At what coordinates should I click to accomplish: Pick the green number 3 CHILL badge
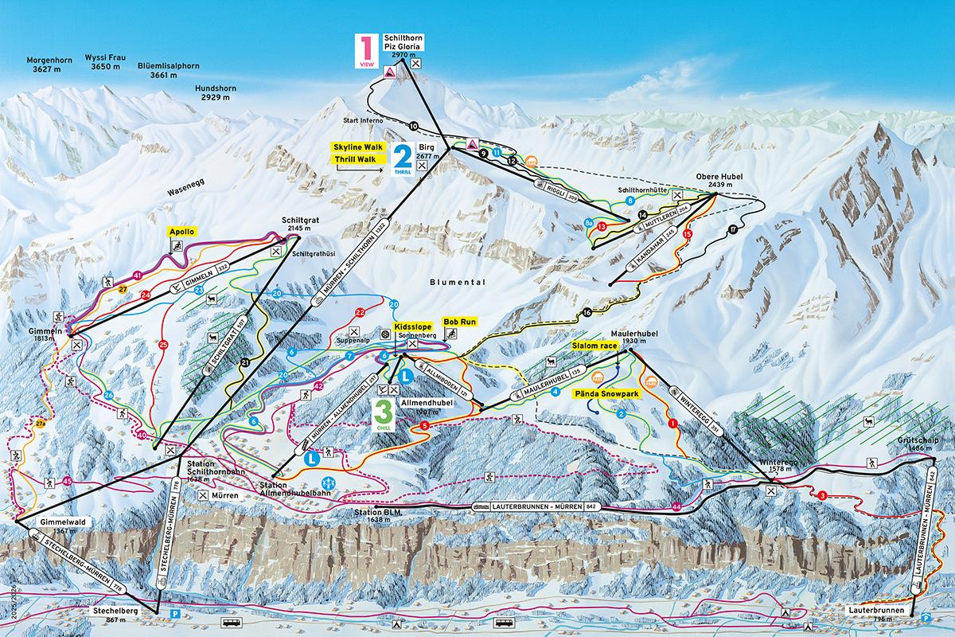coord(384,412)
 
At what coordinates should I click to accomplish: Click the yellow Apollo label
coord(182,232)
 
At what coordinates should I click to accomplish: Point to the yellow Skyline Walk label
coord(357,147)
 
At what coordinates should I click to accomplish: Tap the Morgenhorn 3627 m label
coord(49,64)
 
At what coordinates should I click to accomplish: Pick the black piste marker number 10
coord(413,126)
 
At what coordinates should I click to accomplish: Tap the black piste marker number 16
coord(587,314)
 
